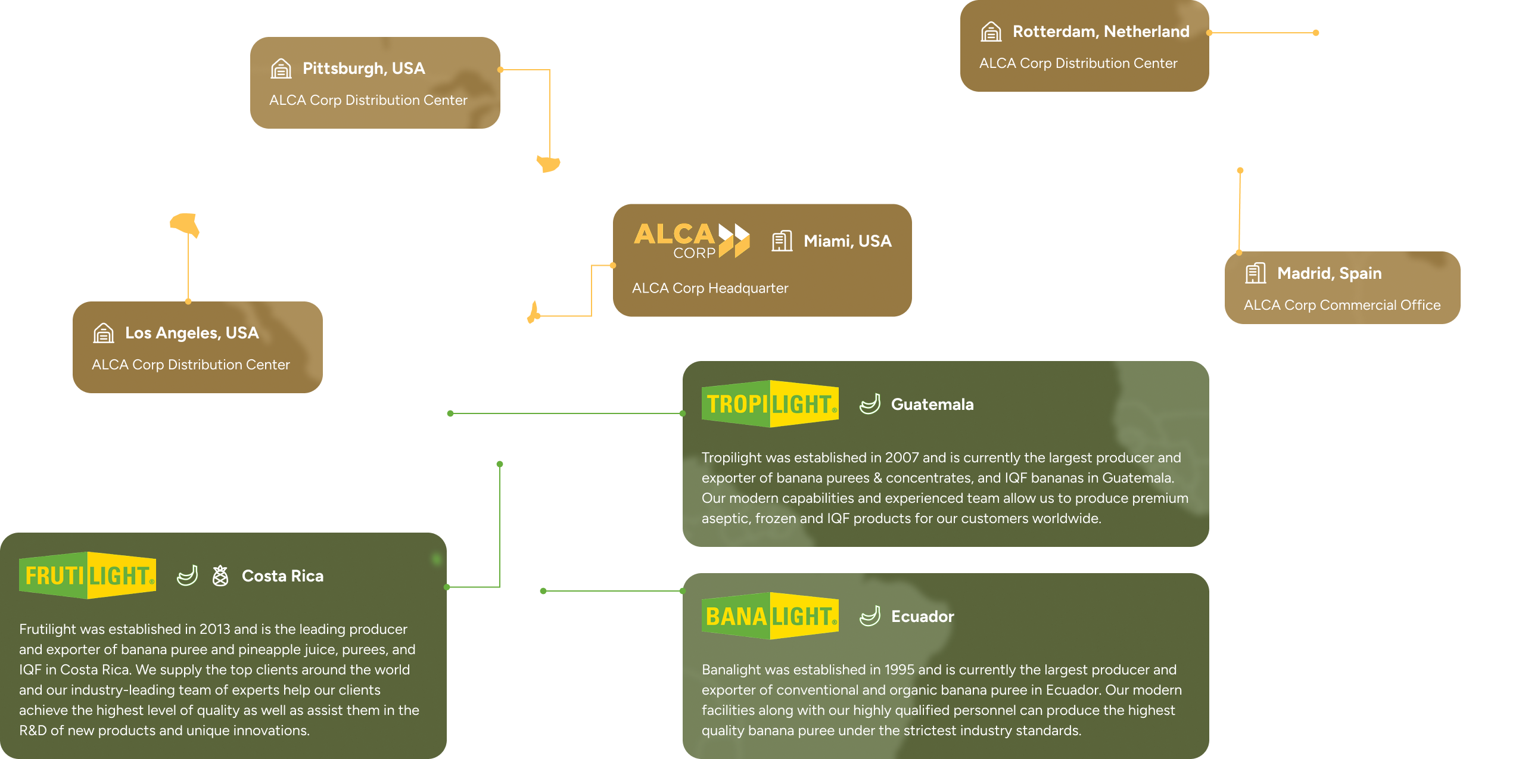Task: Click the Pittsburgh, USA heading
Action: click(x=363, y=69)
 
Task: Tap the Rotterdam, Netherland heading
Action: click(x=1101, y=32)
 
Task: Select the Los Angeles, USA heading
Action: click(x=192, y=333)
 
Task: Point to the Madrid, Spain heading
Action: click(x=1329, y=273)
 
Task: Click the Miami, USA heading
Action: click(x=847, y=241)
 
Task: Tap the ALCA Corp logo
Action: click(x=691, y=241)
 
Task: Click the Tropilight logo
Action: click(x=770, y=404)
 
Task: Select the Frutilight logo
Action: click(x=88, y=576)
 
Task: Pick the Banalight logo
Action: click(x=770, y=616)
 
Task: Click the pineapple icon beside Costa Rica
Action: click(x=220, y=576)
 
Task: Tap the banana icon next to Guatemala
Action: click(x=870, y=404)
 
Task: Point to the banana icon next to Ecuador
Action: click(x=870, y=616)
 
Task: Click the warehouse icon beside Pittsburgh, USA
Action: click(x=281, y=69)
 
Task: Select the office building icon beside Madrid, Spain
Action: click(x=1255, y=273)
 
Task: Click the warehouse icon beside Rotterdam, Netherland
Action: click(x=991, y=32)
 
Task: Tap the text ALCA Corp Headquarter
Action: click(x=709, y=288)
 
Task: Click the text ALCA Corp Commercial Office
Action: click(x=1342, y=305)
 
